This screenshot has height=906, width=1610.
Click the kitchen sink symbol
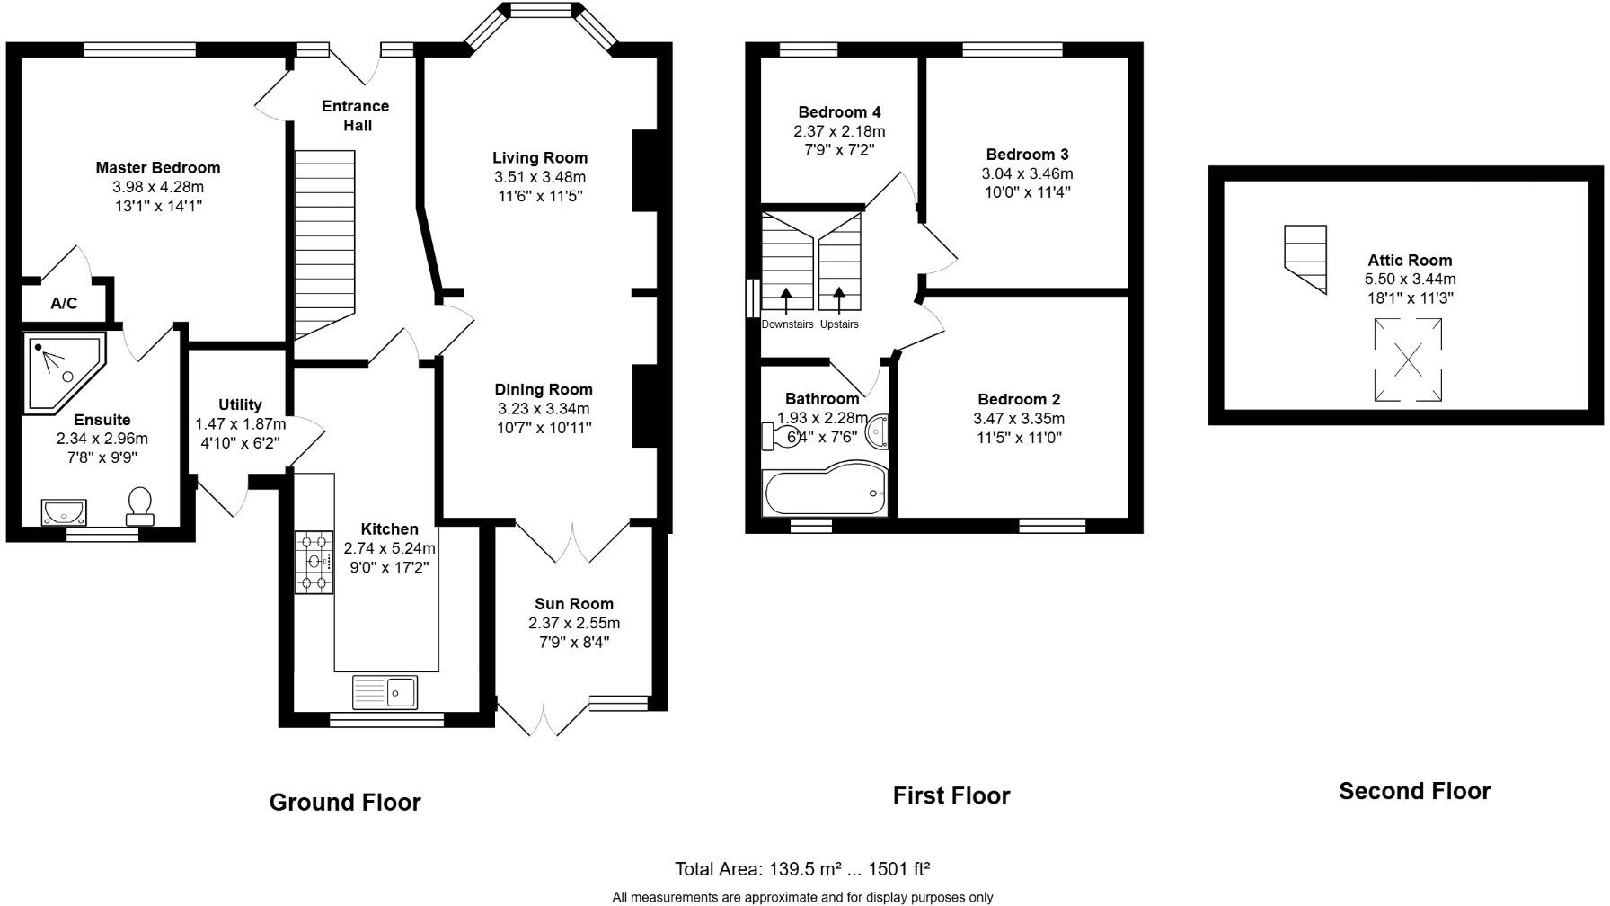point(385,691)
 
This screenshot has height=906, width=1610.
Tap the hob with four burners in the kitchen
point(314,563)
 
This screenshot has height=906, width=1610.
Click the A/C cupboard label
point(64,304)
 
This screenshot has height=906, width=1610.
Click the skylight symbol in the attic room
point(1408,360)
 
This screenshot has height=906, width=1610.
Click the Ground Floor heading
point(345,803)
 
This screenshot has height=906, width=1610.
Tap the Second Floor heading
point(1414,791)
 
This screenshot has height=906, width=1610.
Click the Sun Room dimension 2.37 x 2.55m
point(574,623)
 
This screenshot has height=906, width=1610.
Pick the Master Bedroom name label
point(158,168)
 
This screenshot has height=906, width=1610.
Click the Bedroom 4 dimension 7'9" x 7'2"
point(839,150)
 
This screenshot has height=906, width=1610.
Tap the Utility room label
point(240,404)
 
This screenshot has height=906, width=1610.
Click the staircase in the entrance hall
point(325,247)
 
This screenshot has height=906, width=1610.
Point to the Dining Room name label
point(544,389)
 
